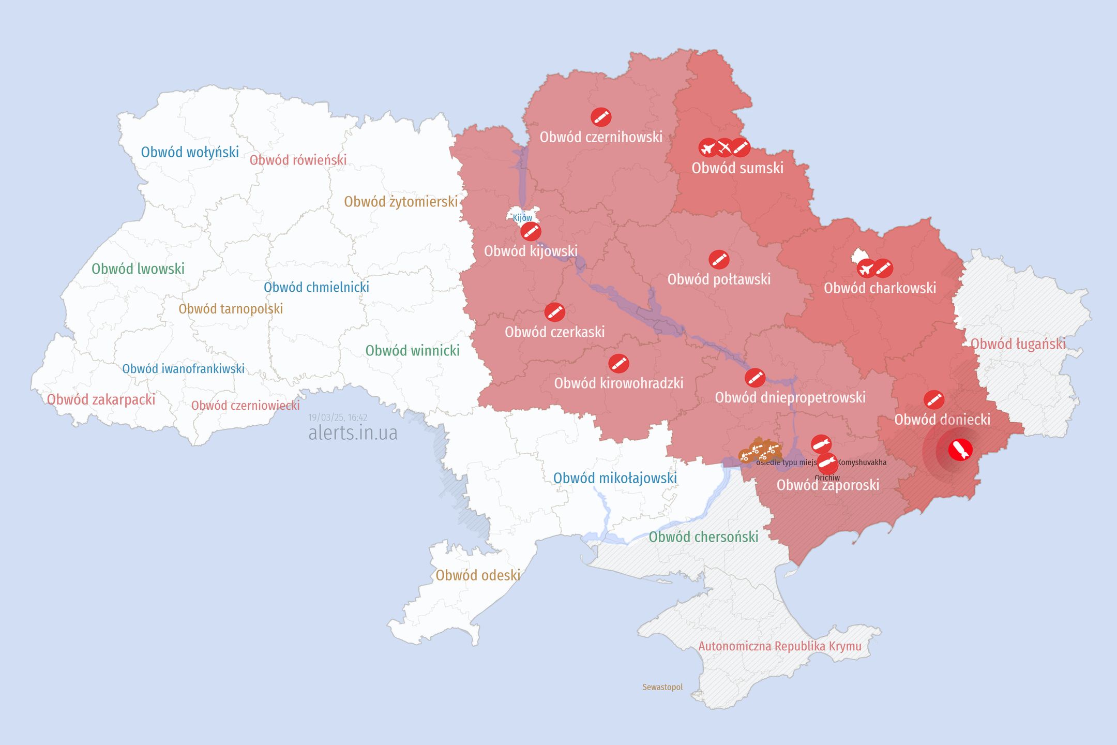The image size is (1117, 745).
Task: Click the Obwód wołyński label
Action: click(190, 152)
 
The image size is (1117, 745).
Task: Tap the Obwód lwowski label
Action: click(138, 269)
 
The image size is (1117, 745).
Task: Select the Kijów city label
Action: click(522, 218)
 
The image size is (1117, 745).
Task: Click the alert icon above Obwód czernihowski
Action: click(601, 117)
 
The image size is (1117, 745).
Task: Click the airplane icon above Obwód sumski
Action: click(708, 148)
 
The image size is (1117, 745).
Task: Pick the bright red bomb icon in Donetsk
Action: click(960, 450)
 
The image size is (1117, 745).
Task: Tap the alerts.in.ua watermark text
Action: click(353, 433)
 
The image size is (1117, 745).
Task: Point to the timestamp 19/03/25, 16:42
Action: click(338, 418)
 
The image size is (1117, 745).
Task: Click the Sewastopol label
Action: click(662, 687)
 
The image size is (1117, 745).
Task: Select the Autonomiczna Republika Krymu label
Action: click(780, 646)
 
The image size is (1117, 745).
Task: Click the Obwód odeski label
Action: click(478, 575)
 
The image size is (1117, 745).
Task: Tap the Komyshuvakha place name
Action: click(862, 463)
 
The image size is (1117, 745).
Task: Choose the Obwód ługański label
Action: click(1018, 344)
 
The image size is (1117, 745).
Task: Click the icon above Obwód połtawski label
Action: click(719, 259)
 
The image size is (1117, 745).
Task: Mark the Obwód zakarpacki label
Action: click(101, 399)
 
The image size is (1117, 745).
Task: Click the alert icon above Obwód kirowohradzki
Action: click(618, 364)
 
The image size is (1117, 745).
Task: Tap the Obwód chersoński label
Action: click(703, 537)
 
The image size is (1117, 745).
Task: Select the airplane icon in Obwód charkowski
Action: click(866, 269)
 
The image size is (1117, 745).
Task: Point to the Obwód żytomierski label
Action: click(401, 202)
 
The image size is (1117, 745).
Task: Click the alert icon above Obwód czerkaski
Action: click(554, 312)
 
